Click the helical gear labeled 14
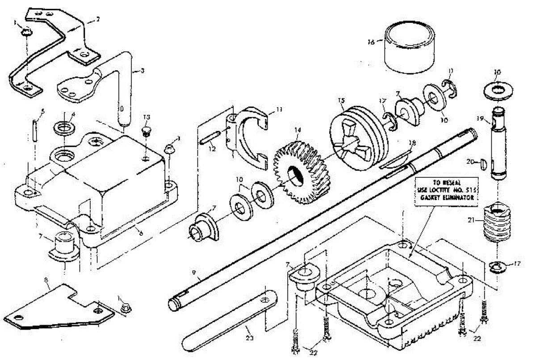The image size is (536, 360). click(x=301, y=172)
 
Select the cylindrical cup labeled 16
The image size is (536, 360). click(x=410, y=48)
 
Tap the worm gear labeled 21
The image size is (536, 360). click(x=496, y=223)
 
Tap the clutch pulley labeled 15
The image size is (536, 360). click(x=357, y=138)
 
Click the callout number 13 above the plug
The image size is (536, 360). click(x=147, y=117)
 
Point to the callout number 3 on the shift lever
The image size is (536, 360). click(x=142, y=70)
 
